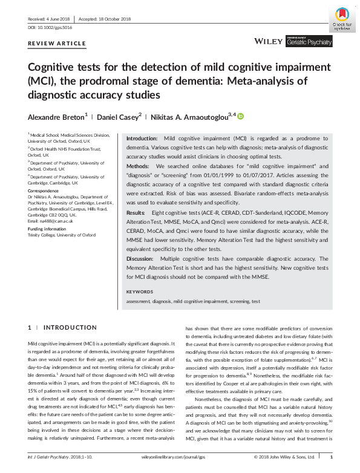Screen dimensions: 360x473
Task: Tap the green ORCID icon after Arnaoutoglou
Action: [x=241, y=116]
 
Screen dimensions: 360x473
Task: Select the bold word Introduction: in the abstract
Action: [x=142, y=139]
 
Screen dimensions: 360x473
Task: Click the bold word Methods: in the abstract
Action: [x=138, y=165]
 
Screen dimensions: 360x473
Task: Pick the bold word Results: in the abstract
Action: [x=137, y=214]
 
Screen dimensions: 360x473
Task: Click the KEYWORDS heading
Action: [x=140, y=292]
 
